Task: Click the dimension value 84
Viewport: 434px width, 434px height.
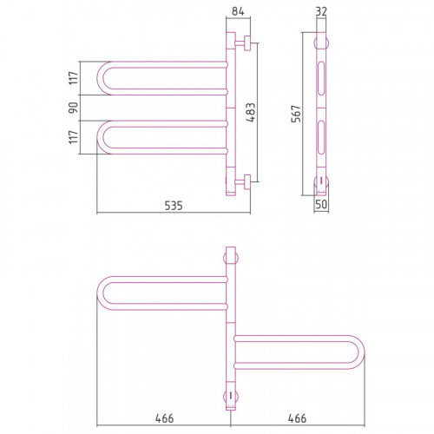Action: pos(238,11)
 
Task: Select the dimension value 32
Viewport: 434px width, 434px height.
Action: pos(321,11)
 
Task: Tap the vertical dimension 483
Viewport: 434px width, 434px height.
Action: pos(251,112)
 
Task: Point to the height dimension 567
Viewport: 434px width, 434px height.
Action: pos(296,114)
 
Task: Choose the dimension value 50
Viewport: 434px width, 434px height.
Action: pos(321,204)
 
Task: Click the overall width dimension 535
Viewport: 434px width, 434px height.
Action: pos(174,206)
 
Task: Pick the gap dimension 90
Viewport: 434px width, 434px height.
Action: pos(73,108)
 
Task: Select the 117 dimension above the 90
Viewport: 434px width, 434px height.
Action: pos(74,78)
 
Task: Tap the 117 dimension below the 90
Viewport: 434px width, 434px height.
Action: pos(74,137)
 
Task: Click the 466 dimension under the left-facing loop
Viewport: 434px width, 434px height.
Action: pos(164,418)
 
